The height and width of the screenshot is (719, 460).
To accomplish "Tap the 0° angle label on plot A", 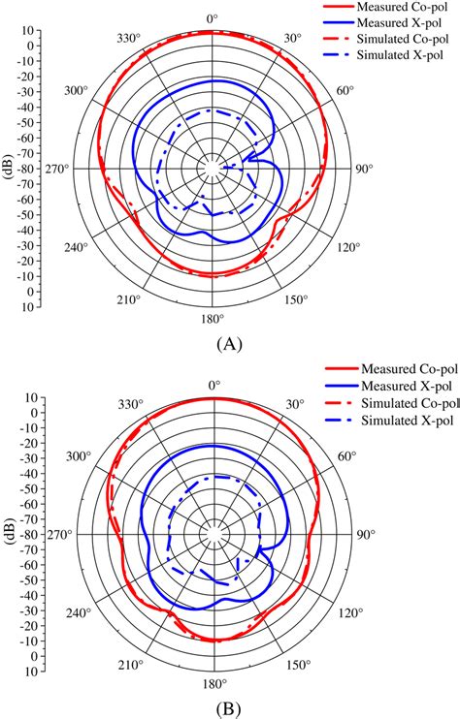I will (213, 18).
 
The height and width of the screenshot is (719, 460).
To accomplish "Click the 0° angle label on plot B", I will (213, 385).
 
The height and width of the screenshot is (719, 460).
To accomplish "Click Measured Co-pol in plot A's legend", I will (395, 8).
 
